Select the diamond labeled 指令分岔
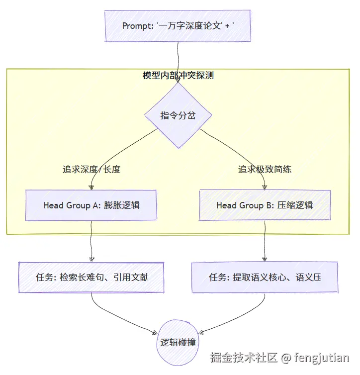click(178, 115)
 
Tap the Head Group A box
click(91, 204)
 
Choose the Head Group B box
click(265, 204)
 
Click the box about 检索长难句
click(91, 277)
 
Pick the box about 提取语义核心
click(265, 277)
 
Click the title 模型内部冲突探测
click(178, 76)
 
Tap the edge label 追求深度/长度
click(91, 169)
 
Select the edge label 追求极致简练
click(265, 169)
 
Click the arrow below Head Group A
click(91, 241)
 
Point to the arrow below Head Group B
click(265, 241)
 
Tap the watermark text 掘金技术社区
click(243, 357)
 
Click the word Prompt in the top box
click(137, 26)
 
